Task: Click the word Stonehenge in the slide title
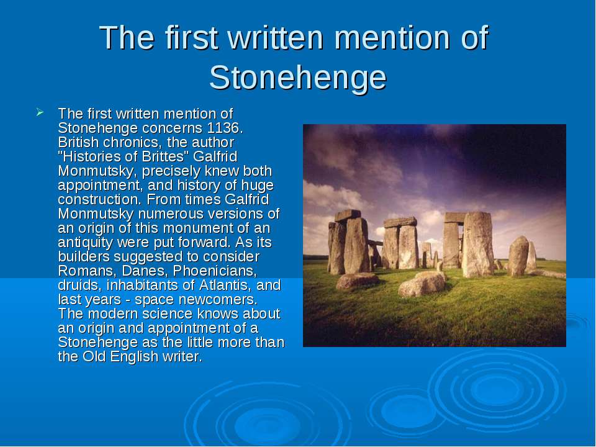click(x=297, y=78)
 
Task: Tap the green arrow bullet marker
click(x=40, y=112)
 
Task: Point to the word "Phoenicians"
click(x=215, y=271)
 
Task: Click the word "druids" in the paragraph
click(x=79, y=285)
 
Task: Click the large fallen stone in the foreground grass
click(x=422, y=284)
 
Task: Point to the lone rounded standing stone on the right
click(x=518, y=256)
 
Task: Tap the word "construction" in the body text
click(x=101, y=199)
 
